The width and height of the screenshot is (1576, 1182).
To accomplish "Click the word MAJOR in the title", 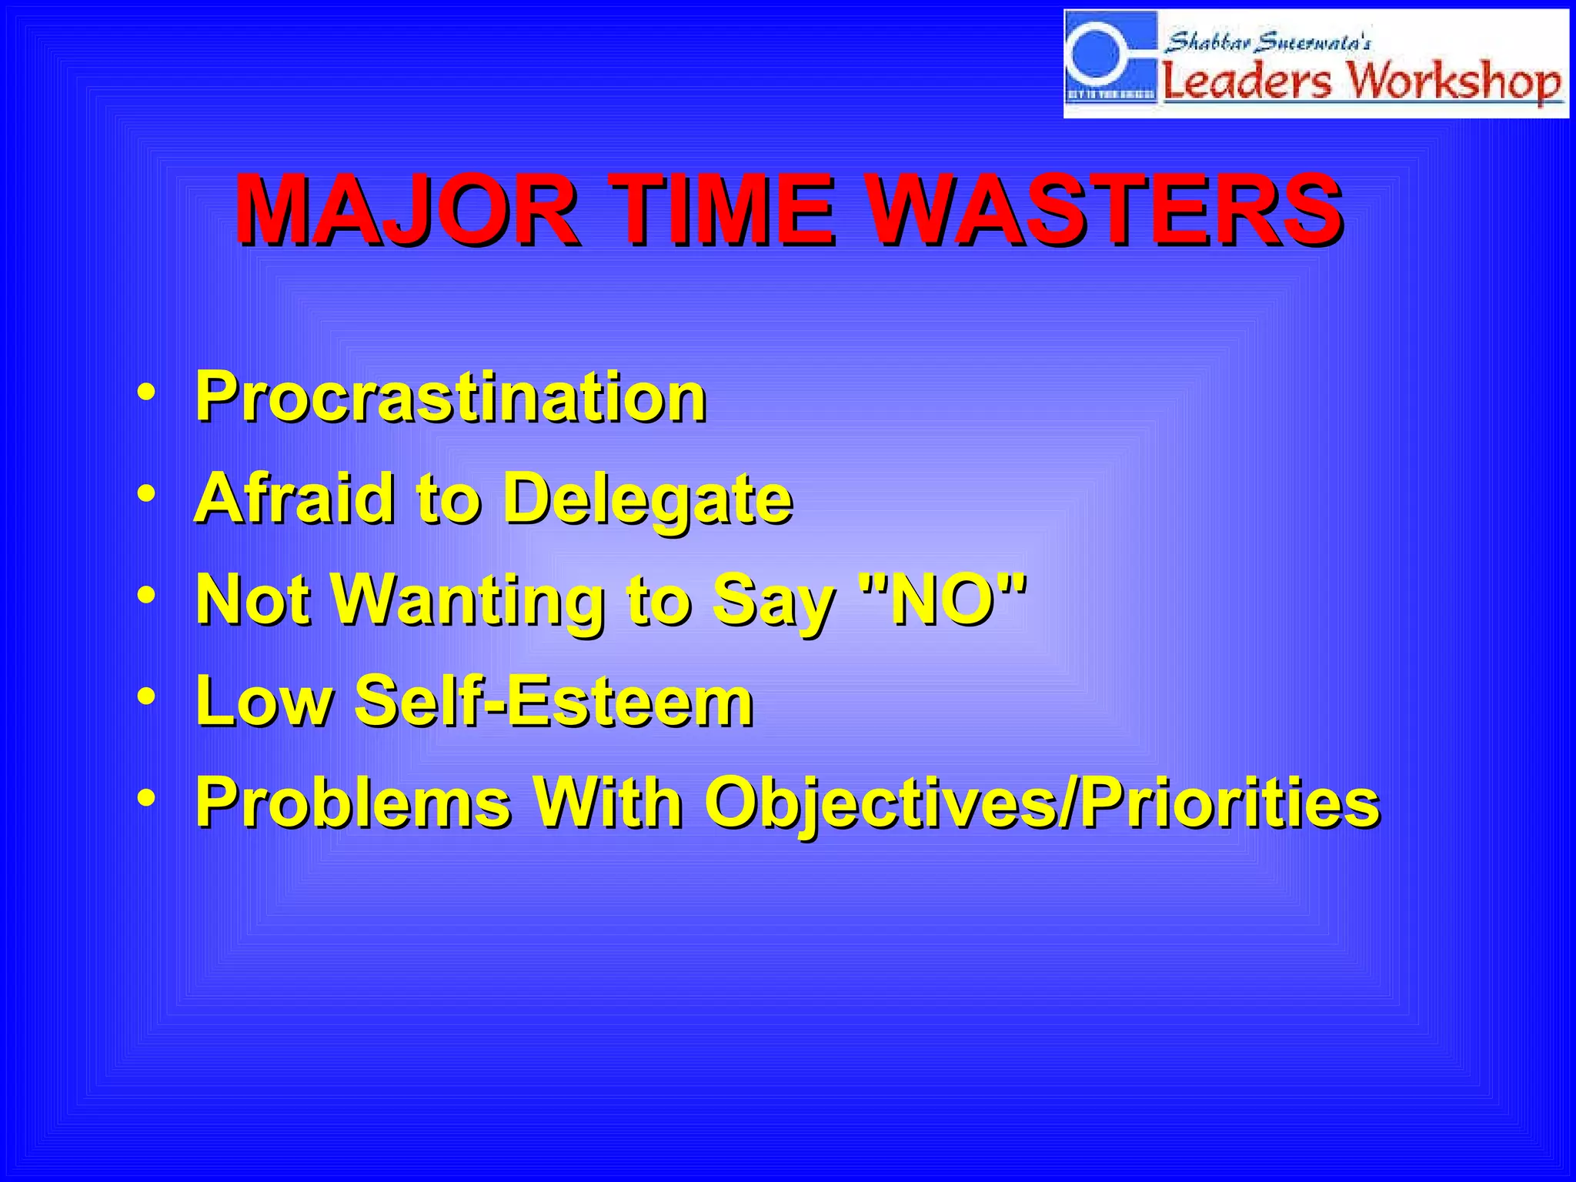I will (x=406, y=209).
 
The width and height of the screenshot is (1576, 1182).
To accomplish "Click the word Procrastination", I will (x=451, y=397).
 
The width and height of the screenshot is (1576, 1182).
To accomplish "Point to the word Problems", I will (x=353, y=803).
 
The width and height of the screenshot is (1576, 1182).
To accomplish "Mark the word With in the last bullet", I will (x=608, y=803).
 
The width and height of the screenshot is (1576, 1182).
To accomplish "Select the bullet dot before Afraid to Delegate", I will (x=145, y=493).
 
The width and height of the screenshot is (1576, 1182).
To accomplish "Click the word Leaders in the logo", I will (x=1246, y=81).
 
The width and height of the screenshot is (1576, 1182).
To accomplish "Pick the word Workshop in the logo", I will (x=1454, y=81).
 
